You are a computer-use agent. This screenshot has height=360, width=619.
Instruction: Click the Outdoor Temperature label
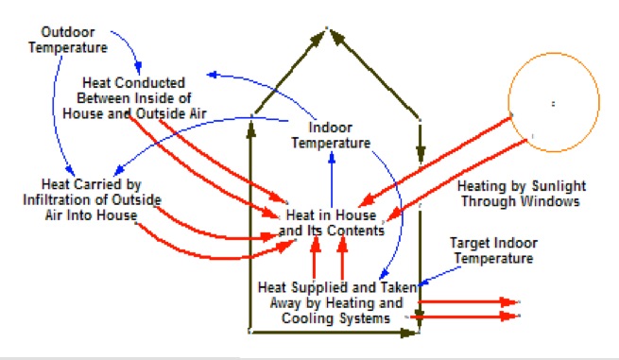click(x=68, y=40)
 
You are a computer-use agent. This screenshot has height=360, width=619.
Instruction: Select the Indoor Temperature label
click(x=331, y=135)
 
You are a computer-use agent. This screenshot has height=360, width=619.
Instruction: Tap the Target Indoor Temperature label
click(x=494, y=250)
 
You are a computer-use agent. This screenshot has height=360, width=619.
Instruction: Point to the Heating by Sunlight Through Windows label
click(x=521, y=194)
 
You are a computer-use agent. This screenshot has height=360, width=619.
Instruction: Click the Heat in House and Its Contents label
click(x=331, y=223)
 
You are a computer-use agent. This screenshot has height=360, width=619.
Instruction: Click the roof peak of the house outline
click(x=327, y=27)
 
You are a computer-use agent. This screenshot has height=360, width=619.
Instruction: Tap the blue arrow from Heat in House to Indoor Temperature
click(x=332, y=180)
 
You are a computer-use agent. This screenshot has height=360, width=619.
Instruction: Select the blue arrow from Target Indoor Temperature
click(x=439, y=275)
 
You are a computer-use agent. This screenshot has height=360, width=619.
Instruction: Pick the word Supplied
click(x=315, y=287)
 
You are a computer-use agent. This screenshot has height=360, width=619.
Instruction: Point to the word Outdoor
click(x=68, y=32)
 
